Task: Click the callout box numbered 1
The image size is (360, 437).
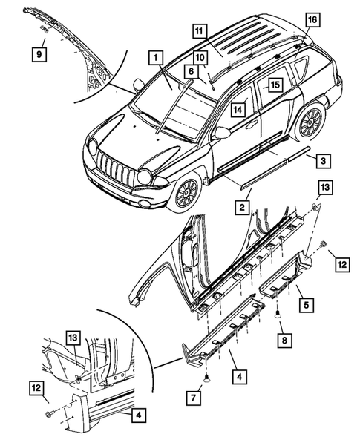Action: pyautogui.click(x=155, y=56)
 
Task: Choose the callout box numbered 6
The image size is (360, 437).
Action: pyautogui.click(x=191, y=71)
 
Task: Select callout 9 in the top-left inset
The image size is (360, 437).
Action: pyautogui.click(x=37, y=53)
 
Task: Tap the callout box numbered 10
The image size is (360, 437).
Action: pyautogui.click(x=201, y=58)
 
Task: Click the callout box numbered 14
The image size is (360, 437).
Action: pyautogui.click(x=238, y=109)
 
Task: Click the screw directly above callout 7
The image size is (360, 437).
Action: pyautogui.click(x=209, y=384)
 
